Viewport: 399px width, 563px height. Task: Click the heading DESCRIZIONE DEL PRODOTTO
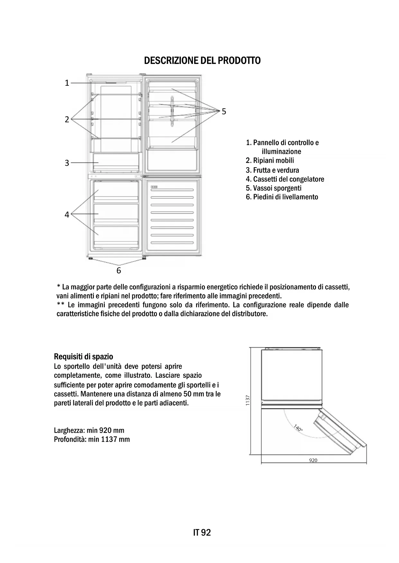tap(202, 60)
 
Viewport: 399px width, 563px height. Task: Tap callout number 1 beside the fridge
tap(67, 83)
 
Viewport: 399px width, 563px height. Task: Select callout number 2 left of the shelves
tap(67, 119)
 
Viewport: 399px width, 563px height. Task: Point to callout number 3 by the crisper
tap(67, 163)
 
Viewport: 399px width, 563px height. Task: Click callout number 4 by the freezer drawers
tap(67, 214)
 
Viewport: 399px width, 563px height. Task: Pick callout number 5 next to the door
tap(224, 111)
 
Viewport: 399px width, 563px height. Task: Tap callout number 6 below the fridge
tap(119, 271)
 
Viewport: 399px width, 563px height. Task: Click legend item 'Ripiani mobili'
tap(270, 160)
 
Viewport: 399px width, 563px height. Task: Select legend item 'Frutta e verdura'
tap(272, 170)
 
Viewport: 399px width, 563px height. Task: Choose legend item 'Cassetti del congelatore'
tap(285, 179)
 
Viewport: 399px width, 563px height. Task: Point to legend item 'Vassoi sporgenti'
tap(274, 188)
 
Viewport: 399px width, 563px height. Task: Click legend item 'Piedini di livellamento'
tap(282, 197)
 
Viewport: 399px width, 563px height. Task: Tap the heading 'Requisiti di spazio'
tap(84, 357)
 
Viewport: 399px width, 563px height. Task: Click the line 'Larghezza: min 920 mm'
tap(89, 430)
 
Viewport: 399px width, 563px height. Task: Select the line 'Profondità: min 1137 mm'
tap(92, 439)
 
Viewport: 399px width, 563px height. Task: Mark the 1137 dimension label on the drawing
tap(248, 400)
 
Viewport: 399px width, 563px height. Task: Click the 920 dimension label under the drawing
tap(313, 460)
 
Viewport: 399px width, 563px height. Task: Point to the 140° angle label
tap(298, 428)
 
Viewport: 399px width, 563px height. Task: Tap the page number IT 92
tap(202, 533)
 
